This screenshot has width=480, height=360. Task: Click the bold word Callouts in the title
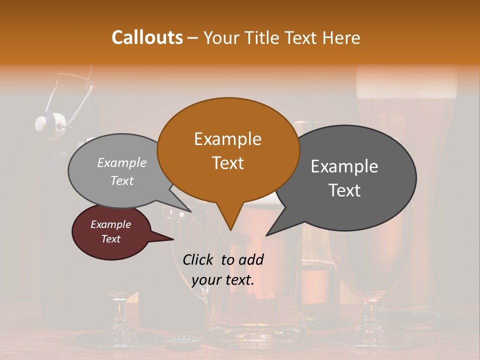pyautogui.click(x=147, y=37)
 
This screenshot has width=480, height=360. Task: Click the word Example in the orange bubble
pyautogui.click(x=227, y=139)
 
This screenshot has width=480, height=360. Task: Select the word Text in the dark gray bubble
pyautogui.click(x=344, y=190)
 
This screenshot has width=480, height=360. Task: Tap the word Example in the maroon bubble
pyautogui.click(x=110, y=224)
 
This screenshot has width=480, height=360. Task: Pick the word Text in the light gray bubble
pyautogui.click(x=122, y=181)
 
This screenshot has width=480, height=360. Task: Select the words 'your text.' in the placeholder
pyautogui.click(x=222, y=280)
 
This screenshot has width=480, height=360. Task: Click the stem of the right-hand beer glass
pyautogui.click(x=370, y=315)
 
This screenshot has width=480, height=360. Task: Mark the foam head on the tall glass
pyautogui.click(x=406, y=87)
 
